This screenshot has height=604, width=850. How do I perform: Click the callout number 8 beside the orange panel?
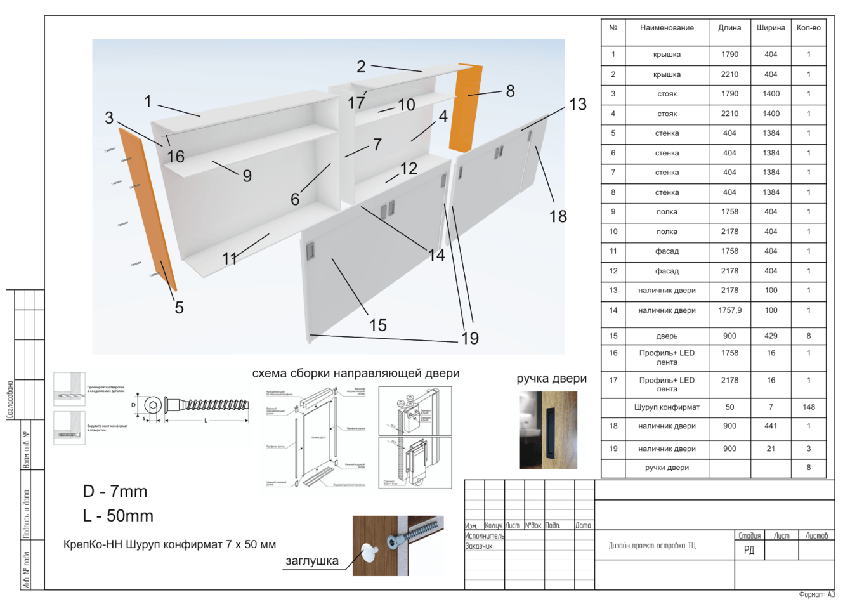(x=510, y=91)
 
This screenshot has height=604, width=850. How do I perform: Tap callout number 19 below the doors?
(x=469, y=338)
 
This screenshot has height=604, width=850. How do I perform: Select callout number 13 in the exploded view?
(x=577, y=105)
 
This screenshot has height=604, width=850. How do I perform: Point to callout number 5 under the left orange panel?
(x=179, y=308)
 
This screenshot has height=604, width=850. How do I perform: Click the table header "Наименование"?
(x=667, y=28)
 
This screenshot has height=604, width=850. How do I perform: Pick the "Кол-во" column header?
(x=808, y=28)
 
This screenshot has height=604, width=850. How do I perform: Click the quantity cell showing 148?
(x=808, y=407)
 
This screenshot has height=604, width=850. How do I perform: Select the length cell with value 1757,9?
(x=729, y=310)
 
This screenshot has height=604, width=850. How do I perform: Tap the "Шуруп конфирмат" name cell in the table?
(x=667, y=407)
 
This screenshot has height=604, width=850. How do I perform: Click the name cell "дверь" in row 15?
(x=667, y=336)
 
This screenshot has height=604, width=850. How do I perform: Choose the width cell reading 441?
(x=771, y=426)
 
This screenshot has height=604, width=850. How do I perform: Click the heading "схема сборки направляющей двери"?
(x=355, y=374)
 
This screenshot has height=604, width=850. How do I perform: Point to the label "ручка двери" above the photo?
(x=551, y=379)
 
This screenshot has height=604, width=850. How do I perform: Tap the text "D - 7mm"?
(x=115, y=492)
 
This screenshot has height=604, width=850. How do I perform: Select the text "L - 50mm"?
(x=118, y=516)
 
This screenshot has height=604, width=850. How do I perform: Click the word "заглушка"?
(x=311, y=561)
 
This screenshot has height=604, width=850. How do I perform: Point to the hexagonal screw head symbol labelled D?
(x=152, y=405)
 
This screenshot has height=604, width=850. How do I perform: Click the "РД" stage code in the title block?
(x=749, y=550)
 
